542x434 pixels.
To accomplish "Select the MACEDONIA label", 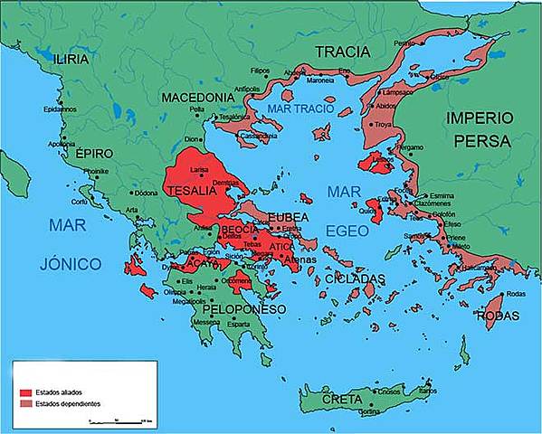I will (199, 97).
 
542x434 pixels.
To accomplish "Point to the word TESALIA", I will (190, 190).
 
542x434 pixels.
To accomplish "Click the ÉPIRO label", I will (95, 154).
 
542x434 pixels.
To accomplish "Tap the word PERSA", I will (485, 141).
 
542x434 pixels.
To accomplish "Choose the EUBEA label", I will (288, 217).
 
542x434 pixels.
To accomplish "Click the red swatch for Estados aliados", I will (25, 392).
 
